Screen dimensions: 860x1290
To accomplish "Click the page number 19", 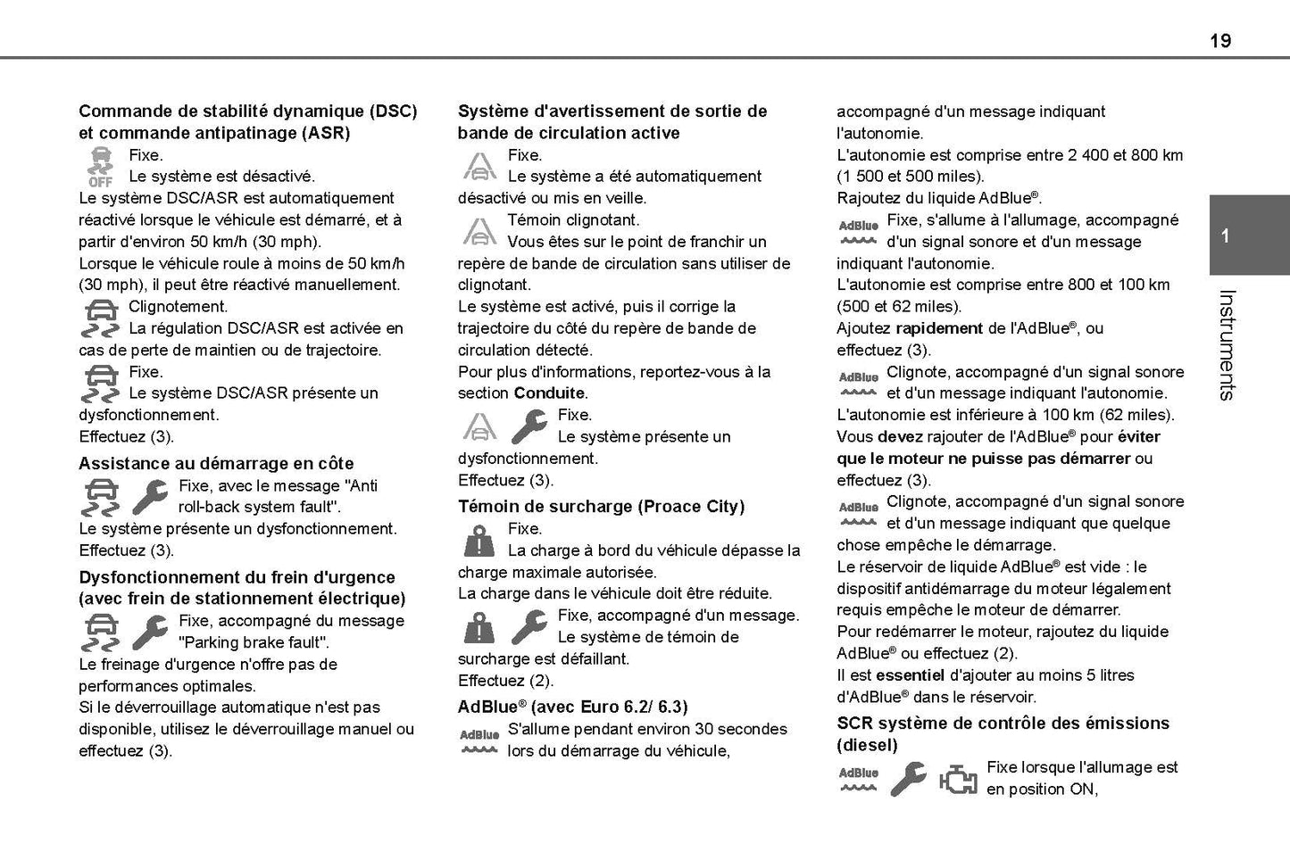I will (x=1220, y=40).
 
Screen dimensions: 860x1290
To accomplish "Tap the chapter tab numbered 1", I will (x=1226, y=236).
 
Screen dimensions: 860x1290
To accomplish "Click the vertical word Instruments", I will (x=1227, y=344).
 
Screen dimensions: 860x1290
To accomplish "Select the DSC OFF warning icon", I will (x=100, y=167).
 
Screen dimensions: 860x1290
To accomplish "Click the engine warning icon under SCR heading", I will (x=958, y=779).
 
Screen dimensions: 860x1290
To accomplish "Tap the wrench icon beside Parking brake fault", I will (x=150, y=633).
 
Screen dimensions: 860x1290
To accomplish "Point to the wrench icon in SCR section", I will (x=908, y=779).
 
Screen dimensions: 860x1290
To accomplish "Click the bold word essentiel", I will (x=911, y=675).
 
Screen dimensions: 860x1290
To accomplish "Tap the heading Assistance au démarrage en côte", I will (x=216, y=464).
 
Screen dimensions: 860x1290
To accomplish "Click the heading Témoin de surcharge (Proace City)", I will (x=601, y=507).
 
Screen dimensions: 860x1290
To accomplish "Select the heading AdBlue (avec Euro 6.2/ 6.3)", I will (x=572, y=707).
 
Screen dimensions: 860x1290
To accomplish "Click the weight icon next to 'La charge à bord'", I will (x=479, y=541).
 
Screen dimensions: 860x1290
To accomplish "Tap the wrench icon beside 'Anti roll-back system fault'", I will (x=150, y=497).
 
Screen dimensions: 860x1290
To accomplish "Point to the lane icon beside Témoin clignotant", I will (x=479, y=231).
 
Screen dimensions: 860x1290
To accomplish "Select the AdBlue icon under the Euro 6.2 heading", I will (x=479, y=740).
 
